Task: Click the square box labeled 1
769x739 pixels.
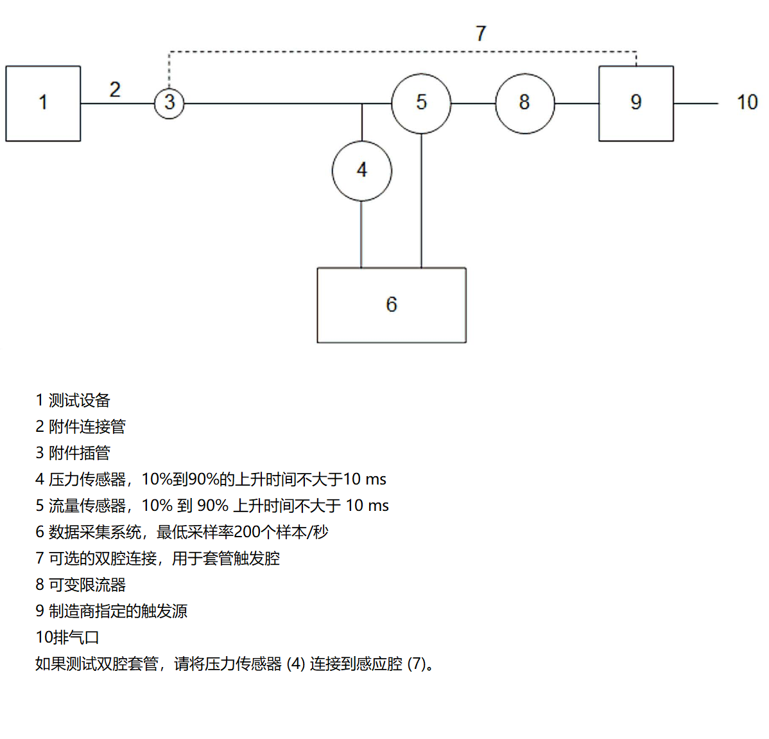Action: click(x=43, y=103)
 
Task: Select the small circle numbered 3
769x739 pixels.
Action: click(x=169, y=103)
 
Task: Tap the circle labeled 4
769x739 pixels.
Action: click(x=362, y=171)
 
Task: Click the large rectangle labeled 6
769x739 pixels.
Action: click(x=392, y=305)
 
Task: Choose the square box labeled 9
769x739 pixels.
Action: click(x=635, y=103)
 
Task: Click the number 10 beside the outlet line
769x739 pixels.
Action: click(x=747, y=102)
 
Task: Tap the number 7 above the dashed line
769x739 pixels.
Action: click(x=481, y=33)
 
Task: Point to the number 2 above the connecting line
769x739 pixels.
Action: click(x=115, y=89)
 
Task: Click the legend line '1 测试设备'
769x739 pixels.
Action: click(x=73, y=400)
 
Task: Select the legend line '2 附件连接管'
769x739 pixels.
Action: click(x=80, y=427)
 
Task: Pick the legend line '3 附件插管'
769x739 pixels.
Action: click(x=73, y=453)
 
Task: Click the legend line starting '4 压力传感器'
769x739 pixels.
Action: click(x=211, y=479)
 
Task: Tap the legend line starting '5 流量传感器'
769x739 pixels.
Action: click(x=212, y=506)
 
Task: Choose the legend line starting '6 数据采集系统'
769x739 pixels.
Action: click(x=182, y=532)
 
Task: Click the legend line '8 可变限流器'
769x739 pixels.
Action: click(x=80, y=585)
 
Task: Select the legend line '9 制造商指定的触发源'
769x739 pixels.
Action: click(x=111, y=611)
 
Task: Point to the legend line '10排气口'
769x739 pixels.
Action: click(x=67, y=637)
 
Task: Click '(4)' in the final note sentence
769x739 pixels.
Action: click(x=296, y=664)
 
